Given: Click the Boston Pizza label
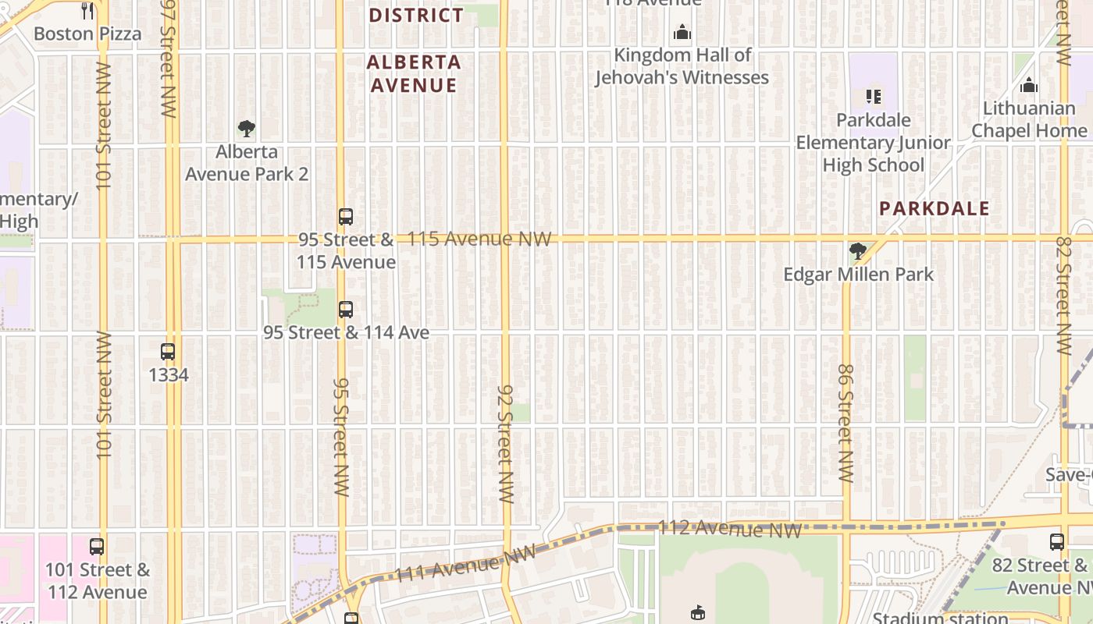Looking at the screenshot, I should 87,34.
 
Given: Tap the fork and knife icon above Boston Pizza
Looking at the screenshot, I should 87,11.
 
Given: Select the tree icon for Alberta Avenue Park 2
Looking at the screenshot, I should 247,129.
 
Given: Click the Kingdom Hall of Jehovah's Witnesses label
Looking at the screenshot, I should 682,66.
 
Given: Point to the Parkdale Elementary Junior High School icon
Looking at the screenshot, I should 873,97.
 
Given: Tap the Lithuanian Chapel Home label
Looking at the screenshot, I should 1029,119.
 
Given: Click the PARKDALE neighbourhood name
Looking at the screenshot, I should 934,208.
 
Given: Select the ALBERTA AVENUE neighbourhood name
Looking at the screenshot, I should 414,73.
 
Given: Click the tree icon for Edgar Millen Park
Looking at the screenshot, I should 857,251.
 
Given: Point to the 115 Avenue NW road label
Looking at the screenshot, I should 479,239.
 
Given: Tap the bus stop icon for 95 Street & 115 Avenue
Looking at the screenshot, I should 346,217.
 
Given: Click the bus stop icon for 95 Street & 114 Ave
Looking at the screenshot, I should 346,310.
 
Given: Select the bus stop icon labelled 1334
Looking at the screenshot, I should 168,352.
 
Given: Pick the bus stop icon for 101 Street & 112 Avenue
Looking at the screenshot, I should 97,547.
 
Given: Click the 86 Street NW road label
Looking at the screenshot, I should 845,423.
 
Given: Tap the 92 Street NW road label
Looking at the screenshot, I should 506,443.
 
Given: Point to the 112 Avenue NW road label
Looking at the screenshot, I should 729,529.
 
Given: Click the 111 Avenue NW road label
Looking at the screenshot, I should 465,564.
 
